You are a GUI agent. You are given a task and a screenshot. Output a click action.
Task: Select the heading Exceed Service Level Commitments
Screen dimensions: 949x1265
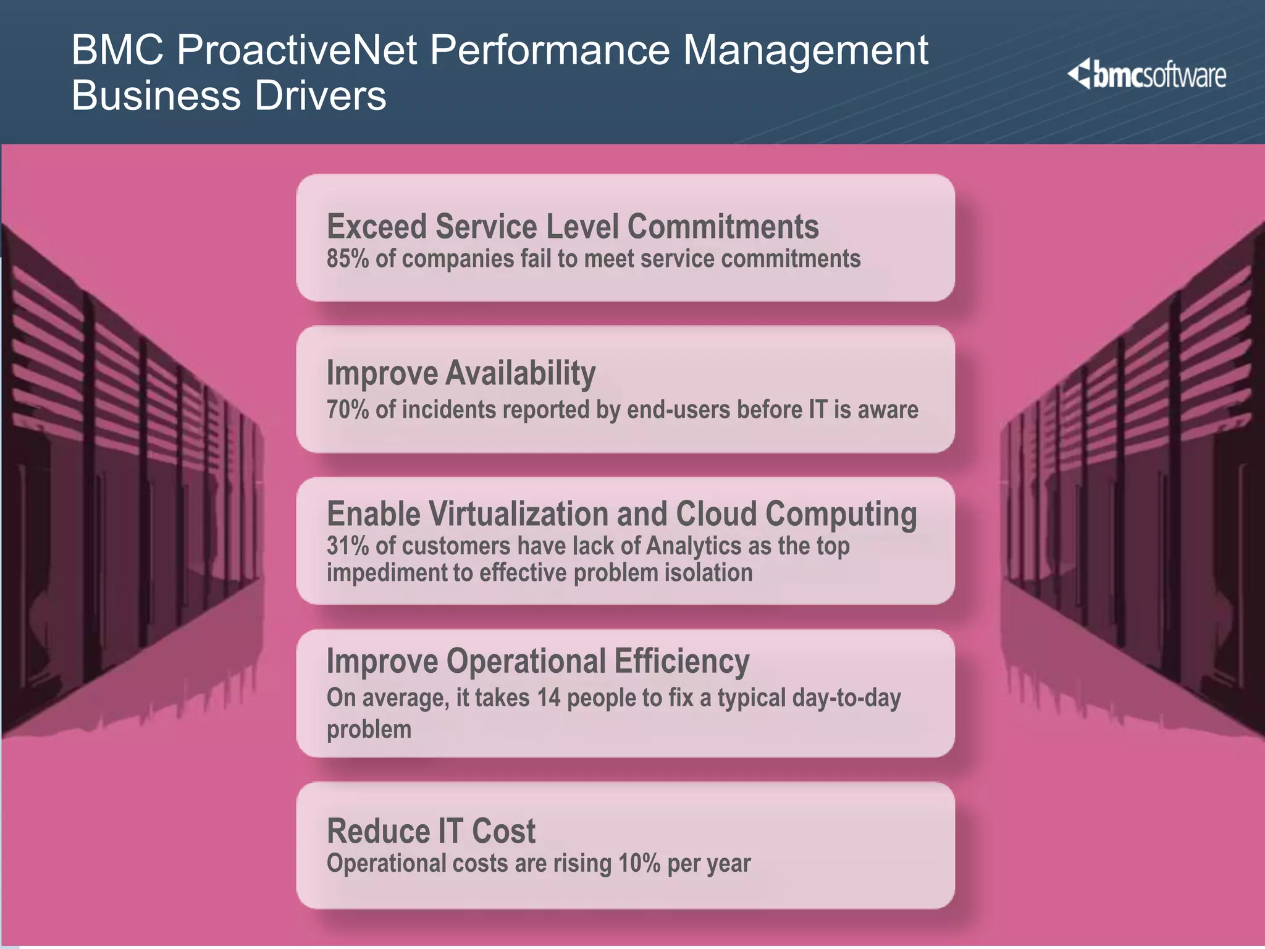[573, 226]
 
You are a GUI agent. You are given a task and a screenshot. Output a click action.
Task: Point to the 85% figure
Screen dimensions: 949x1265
[347, 259]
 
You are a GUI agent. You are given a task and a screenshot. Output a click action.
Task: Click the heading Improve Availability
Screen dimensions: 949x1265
[461, 373]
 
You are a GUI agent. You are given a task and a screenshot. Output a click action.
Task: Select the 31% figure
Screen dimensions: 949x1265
[347, 546]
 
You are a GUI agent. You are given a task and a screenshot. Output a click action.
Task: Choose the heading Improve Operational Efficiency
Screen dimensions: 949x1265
[537, 661]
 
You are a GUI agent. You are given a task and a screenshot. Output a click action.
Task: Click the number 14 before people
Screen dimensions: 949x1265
[548, 698]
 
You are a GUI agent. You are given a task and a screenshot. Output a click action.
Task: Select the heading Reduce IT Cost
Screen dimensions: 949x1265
[431, 831]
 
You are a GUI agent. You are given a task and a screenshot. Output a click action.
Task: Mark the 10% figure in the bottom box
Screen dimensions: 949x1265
[639, 864]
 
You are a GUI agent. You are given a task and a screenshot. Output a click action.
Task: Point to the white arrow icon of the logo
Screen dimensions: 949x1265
[1080, 74]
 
